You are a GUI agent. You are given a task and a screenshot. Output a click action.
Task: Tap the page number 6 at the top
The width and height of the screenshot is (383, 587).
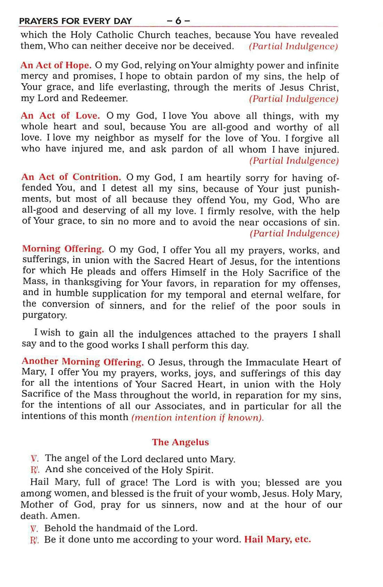[178, 21]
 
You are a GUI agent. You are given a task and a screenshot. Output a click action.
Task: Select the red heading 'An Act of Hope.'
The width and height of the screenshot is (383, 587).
[56, 65]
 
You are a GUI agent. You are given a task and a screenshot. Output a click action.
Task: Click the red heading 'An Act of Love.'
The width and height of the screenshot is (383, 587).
[60, 116]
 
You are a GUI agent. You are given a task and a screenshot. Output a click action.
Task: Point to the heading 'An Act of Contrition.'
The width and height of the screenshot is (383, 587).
[70, 177]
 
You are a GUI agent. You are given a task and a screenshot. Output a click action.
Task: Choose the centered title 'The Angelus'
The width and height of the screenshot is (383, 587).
[180, 442]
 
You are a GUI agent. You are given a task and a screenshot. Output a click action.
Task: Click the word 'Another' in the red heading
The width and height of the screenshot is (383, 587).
[40, 362]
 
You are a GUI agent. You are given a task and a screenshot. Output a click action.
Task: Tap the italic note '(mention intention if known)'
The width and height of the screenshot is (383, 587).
[197, 418]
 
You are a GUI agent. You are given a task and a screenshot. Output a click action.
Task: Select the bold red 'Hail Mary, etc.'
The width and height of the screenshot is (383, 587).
[277, 540]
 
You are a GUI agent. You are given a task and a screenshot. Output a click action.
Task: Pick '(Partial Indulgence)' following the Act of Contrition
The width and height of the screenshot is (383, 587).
[294, 233]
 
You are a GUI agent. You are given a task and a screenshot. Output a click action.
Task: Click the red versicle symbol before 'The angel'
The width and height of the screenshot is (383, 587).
[34, 459]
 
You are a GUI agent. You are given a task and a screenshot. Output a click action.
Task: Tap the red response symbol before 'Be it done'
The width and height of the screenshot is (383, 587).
[34, 540]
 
